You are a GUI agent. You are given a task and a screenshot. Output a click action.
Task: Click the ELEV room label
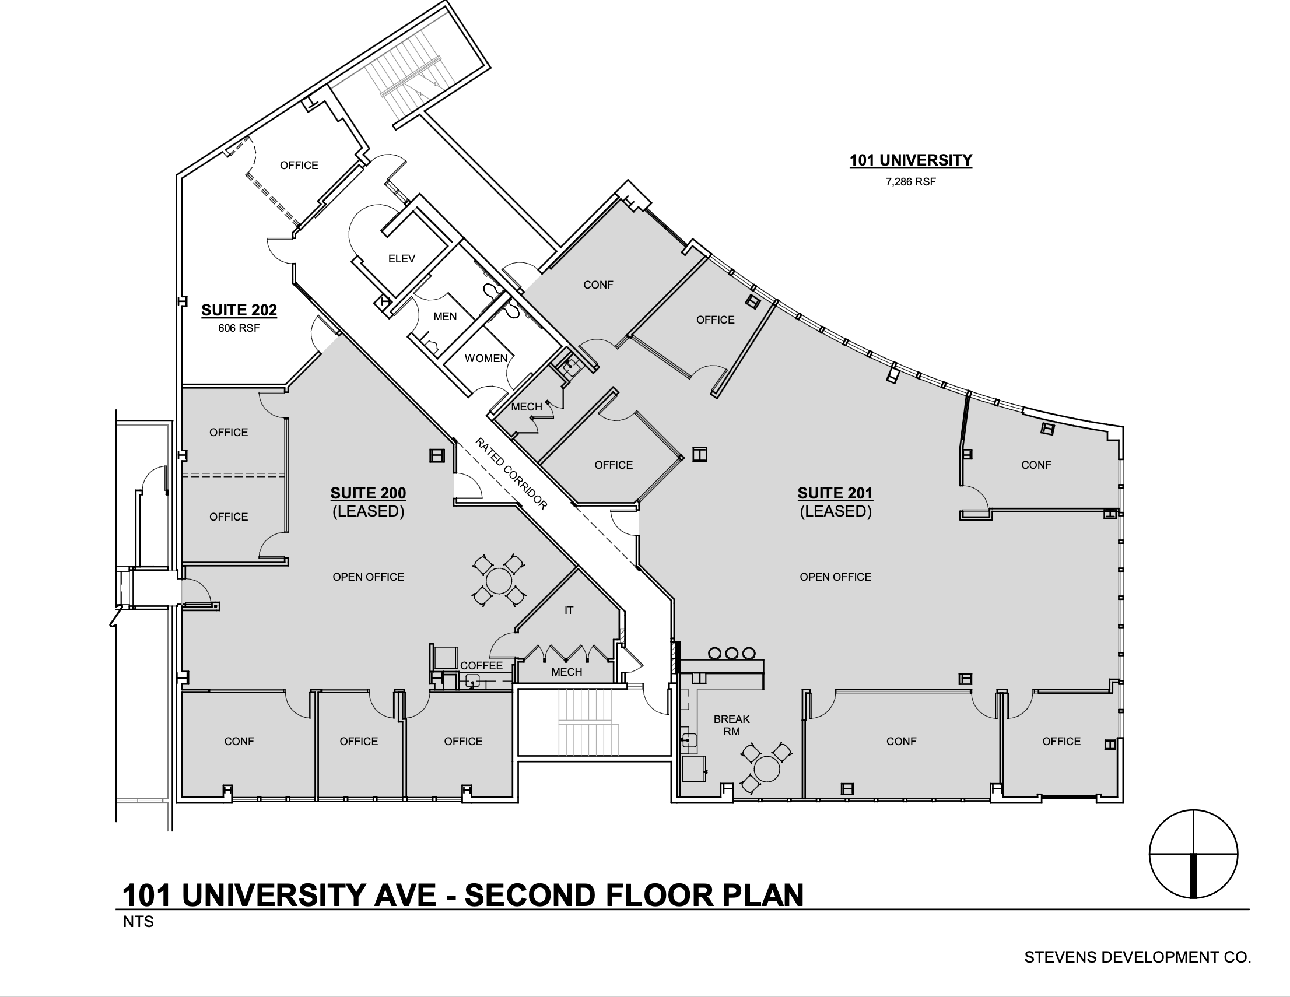[x=402, y=259]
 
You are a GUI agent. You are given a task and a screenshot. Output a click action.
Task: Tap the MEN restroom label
[x=445, y=317]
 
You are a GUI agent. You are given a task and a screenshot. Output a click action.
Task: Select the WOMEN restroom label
[x=486, y=359]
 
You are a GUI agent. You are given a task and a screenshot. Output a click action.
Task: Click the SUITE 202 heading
[x=239, y=310]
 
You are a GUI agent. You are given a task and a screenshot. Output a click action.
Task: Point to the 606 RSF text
[x=239, y=328]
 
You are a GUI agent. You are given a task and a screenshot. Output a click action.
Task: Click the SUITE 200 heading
[x=369, y=493]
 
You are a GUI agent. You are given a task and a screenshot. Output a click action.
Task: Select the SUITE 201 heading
[x=835, y=493]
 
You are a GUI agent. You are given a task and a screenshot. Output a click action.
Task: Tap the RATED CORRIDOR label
[x=511, y=473]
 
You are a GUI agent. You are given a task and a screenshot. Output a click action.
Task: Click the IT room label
[x=569, y=610]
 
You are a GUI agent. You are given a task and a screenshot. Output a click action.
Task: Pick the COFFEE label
[x=481, y=666]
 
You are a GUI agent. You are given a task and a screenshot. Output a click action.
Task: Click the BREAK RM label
[x=732, y=725]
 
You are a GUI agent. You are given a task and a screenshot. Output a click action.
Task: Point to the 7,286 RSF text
[x=911, y=182]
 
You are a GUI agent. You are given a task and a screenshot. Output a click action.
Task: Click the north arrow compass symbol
[x=1194, y=854]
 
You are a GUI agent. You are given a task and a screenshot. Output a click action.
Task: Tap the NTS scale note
[x=139, y=921]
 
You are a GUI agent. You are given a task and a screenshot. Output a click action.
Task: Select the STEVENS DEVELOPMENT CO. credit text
[x=1138, y=957]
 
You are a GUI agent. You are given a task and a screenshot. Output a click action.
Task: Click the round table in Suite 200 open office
[x=499, y=580]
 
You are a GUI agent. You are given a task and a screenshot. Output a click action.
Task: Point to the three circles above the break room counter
[x=732, y=653]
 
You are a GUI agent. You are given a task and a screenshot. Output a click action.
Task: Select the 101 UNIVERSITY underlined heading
[x=911, y=161]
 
